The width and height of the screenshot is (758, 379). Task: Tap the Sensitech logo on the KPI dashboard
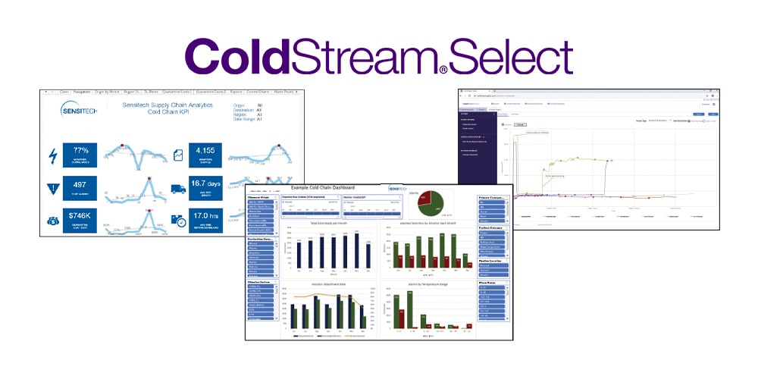click(x=80, y=111)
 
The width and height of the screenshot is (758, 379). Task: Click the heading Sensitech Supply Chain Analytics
click(x=168, y=105)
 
